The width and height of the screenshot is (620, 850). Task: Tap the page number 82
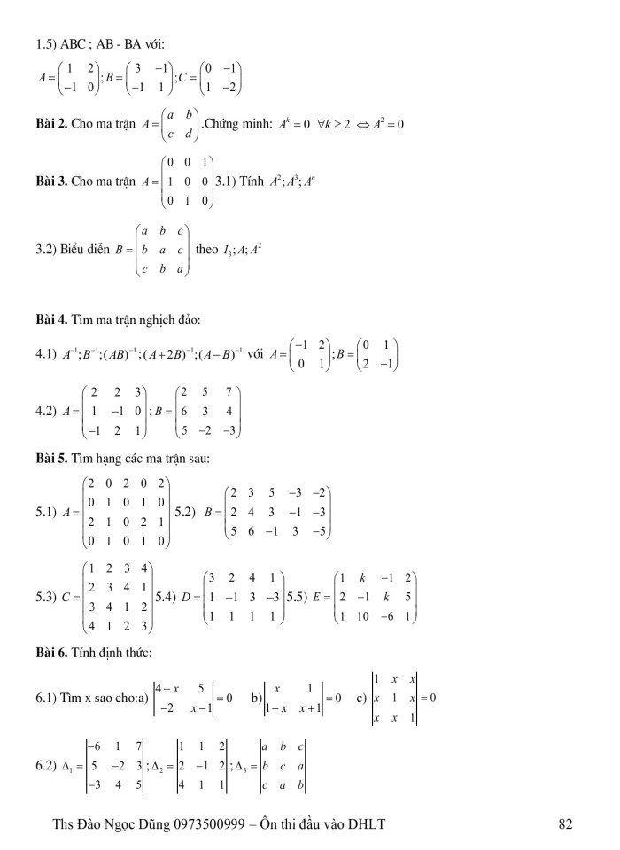tap(568, 824)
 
